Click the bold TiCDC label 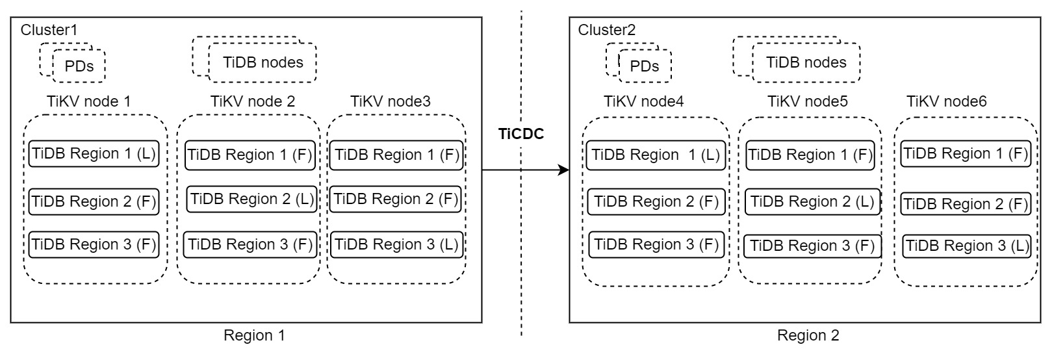click(x=520, y=135)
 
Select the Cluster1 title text click(x=49, y=30)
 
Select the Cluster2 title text click(x=607, y=30)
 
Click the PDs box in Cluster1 click(x=79, y=66)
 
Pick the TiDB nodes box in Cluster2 click(x=806, y=62)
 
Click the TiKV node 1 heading click(x=89, y=101)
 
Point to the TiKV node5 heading click(x=808, y=101)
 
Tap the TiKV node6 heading click(x=946, y=101)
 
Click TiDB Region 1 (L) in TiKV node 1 click(x=94, y=154)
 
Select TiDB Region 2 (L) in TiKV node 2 click(x=251, y=199)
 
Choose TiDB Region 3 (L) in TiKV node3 click(x=396, y=245)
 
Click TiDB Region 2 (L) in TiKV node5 click(x=812, y=201)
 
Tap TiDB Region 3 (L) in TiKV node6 click(x=967, y=246)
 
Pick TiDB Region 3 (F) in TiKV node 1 click(x=94, y=245)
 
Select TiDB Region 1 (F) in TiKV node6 click(x=966, y=154)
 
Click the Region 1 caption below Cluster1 click(x=254, y=336)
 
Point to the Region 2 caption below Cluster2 click(x=808, y=336)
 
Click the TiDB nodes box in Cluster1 click(x=263, y=62)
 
